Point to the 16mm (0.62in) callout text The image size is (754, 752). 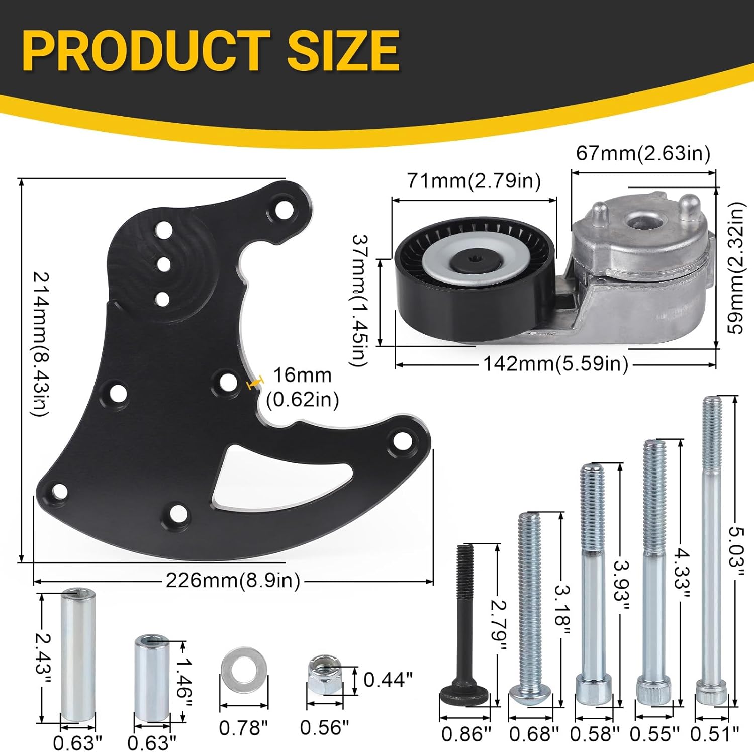302,388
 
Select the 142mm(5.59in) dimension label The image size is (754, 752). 555,363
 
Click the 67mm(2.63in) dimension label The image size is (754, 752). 643,153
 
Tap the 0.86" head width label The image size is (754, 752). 465,734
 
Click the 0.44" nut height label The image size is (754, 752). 388,680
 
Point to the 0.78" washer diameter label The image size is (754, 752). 243,727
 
